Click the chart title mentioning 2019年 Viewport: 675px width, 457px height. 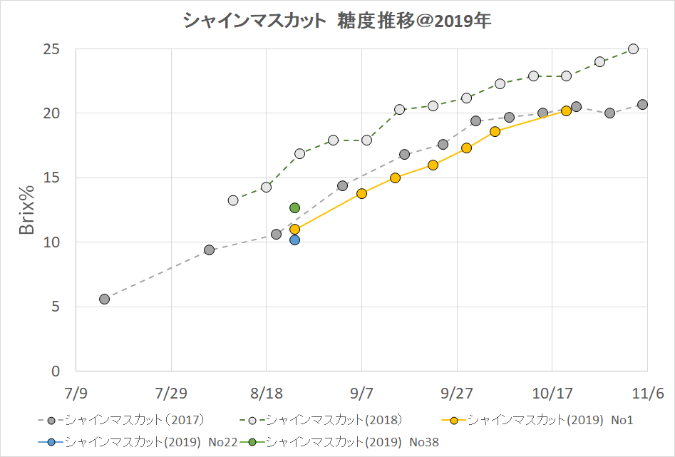tap(337, 21)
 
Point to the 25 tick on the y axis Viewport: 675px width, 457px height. tap(51, 50)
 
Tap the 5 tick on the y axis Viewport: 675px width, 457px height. tap(55, 307)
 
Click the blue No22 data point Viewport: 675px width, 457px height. tap(294, 240)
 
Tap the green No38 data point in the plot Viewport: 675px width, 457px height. tap(294, 207)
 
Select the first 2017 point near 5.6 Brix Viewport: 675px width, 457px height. tap(104, 299)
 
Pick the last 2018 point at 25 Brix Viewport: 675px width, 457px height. tap(633, 49)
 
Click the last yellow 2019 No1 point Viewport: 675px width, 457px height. tap(566, 111)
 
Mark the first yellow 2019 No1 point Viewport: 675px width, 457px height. tap(294, 230)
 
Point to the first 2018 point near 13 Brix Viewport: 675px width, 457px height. tap(233, 200)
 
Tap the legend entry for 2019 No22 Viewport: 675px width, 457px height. tap(136, 442)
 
